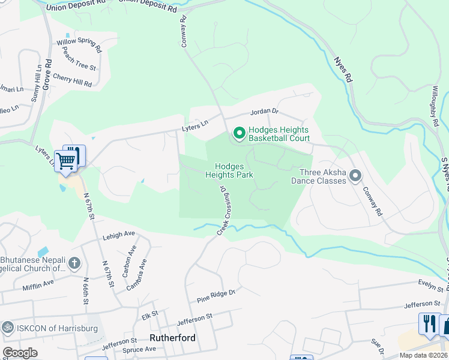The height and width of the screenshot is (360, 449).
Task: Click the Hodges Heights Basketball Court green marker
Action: (x=238, y=133)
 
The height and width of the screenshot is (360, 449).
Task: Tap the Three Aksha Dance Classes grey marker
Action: (x=355, y=176)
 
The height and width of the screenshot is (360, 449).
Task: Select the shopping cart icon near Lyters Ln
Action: (x=66, y=160)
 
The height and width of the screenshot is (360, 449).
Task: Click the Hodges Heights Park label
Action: (x=229, y=170)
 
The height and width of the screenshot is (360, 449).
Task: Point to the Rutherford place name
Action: (x=172, y=338)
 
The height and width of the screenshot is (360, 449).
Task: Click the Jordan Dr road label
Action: (x=265, y=112)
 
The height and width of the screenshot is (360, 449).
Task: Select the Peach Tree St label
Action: (x=79, y=60)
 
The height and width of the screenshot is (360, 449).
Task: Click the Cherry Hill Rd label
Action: (x=72, y=80)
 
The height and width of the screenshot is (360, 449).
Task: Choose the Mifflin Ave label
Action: (x=39, y=281)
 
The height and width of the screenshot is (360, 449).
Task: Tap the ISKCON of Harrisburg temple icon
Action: (x=8, y=327)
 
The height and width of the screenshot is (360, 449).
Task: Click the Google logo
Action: (x=20, y=353)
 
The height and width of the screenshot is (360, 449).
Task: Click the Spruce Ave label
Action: (x=140, y=349)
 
